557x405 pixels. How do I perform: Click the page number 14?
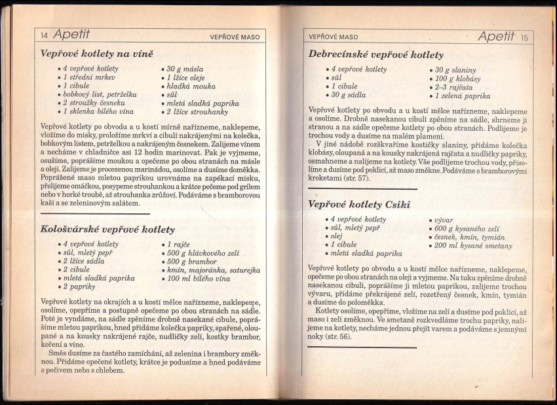tap(44, 36)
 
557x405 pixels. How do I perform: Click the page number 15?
tap(524, 37)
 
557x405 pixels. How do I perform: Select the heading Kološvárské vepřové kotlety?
tap(107, 230)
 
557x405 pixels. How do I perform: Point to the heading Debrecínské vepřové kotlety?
tap(375, 55)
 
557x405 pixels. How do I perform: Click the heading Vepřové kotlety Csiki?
tap(359, 204)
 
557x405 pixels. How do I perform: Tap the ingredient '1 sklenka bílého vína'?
tap(99, 112)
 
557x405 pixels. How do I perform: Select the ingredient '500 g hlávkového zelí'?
tap(204, 253)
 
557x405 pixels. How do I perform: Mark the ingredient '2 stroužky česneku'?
tap(96, 103)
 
